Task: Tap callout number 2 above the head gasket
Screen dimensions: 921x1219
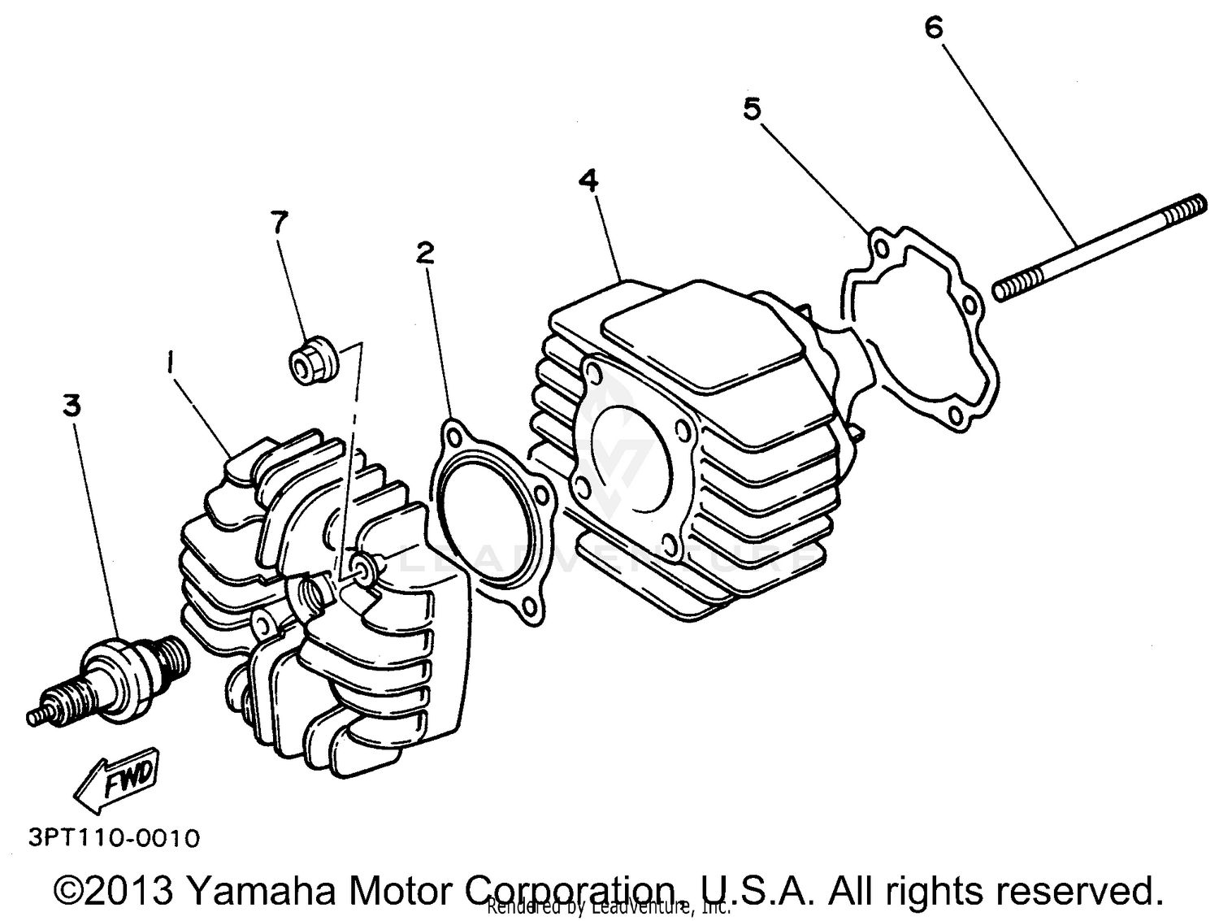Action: coord(424,253)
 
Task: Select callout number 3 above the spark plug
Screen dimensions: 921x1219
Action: coord(72,405)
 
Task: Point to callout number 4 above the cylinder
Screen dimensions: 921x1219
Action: coord(588,180)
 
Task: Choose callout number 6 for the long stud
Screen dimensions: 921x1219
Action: coord(934,28)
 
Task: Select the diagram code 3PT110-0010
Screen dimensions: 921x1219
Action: coord(114,837)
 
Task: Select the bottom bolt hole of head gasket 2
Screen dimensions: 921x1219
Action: coord(530,606)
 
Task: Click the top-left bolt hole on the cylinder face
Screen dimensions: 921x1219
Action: coord(596,375)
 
